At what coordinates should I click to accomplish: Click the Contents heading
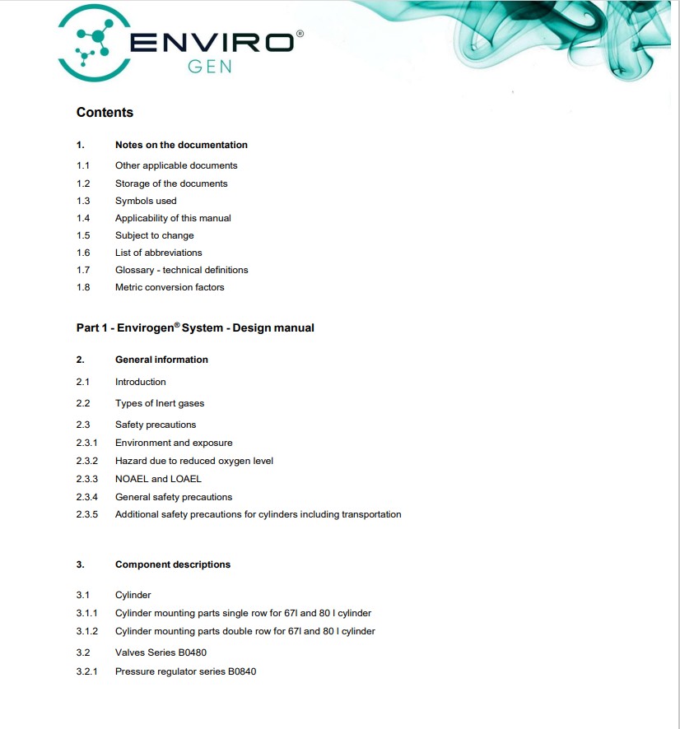[105, 113]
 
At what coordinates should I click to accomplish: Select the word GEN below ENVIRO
[210, 67]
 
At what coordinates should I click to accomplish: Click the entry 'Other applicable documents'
[176, 165]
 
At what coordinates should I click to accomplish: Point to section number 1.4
[83, 218]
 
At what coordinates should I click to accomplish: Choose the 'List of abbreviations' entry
[158, 253]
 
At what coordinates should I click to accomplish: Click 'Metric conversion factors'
[170, 287]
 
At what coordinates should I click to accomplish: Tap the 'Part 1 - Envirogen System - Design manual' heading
[195, 327]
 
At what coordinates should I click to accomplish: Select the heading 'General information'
[161, 360]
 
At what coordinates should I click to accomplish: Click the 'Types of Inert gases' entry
[160, 403]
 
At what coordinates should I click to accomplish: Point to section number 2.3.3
[86, 479]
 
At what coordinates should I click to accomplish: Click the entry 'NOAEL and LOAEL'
[158, 479]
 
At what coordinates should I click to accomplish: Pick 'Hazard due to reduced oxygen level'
[194, 461]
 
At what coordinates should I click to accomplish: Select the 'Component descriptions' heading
[173, 564]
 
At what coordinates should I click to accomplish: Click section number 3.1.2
[86, 631]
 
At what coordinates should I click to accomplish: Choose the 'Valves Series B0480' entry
[161, 652]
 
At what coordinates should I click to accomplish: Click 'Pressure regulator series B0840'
[185, 671]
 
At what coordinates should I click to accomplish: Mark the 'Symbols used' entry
[146, 201]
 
